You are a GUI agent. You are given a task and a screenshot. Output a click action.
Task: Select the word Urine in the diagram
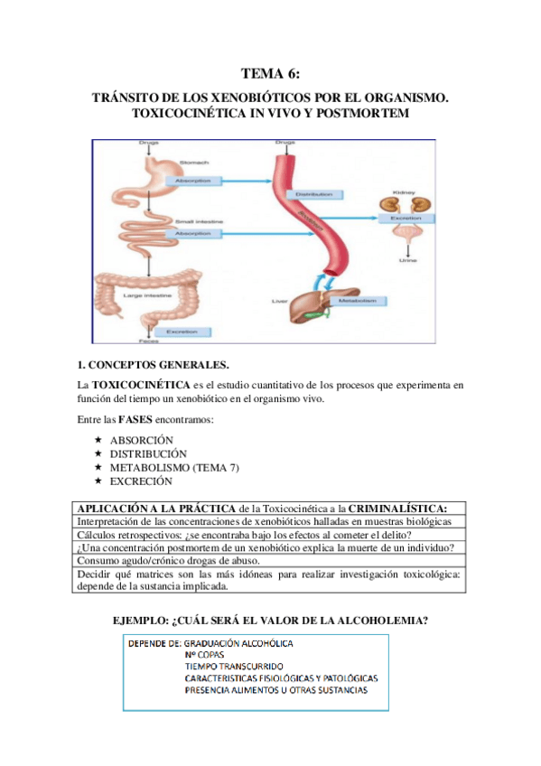(x=407, y=260)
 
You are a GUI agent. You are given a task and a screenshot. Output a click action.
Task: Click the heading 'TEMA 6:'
(x=270, y=74)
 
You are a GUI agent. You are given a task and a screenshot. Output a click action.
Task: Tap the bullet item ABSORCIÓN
(x=141, y=440)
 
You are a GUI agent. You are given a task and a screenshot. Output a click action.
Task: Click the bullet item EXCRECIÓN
(x=141, y=481)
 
